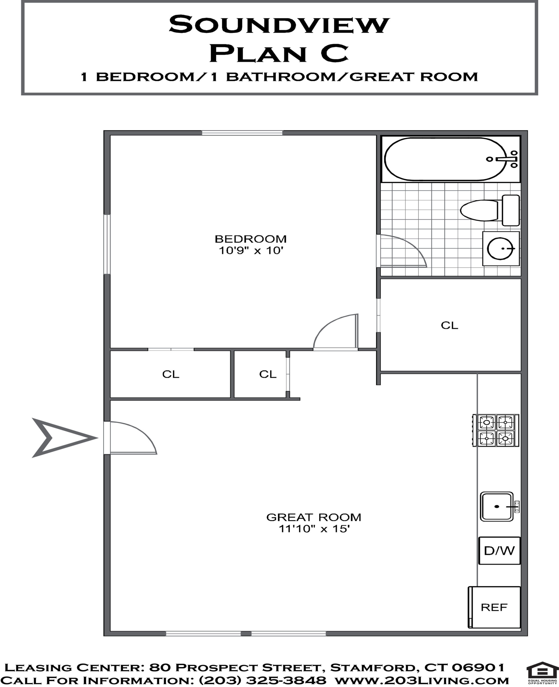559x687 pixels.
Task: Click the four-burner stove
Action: coord(496,430)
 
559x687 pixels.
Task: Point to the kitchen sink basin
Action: coord(497,506)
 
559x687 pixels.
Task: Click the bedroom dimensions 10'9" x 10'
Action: coord(251,250)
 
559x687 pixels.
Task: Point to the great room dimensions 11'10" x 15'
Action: coord(314,529)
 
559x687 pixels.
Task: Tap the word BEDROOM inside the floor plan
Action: coord(251,239)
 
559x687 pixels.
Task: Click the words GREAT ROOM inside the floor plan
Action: coord(314,517)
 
